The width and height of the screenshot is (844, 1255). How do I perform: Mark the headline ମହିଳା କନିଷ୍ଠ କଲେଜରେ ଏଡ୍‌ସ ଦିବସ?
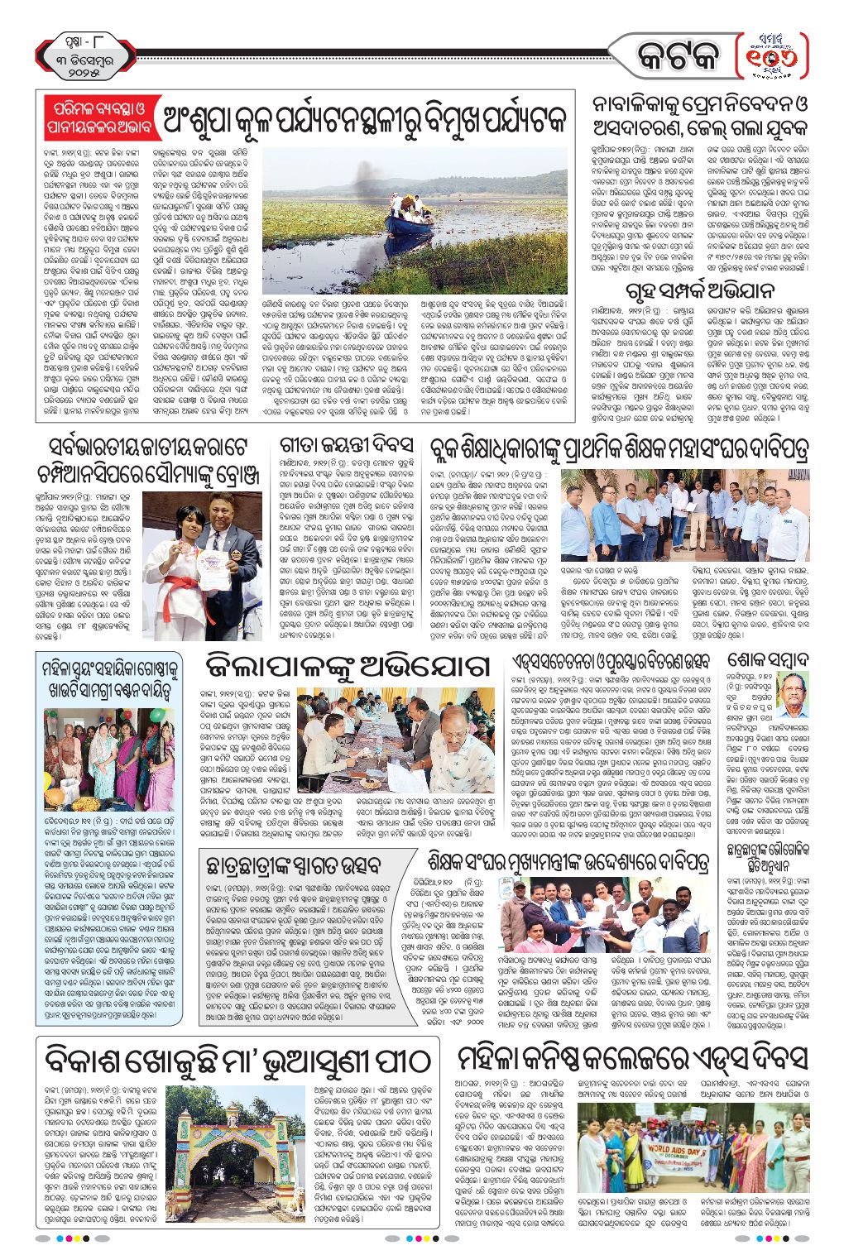pyautogui.click(x=632, y=1060)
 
